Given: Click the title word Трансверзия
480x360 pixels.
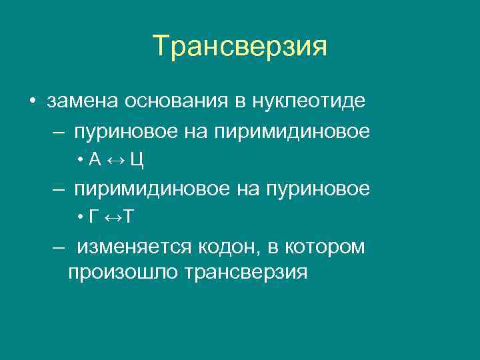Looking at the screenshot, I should click(240, 47).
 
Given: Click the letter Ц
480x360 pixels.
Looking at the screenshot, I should click(137, 160).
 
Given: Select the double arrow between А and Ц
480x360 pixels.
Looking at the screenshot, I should click(114, 160).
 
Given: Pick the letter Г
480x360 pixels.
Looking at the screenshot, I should click(92, 217).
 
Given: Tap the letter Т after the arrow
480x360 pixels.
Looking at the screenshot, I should click(129, 217).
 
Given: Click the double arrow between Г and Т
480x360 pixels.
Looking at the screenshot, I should click(110, 217).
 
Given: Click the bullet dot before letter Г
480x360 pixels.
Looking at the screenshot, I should click(79, 217).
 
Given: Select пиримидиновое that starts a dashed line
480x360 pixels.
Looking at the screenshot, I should click(152, 189).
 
